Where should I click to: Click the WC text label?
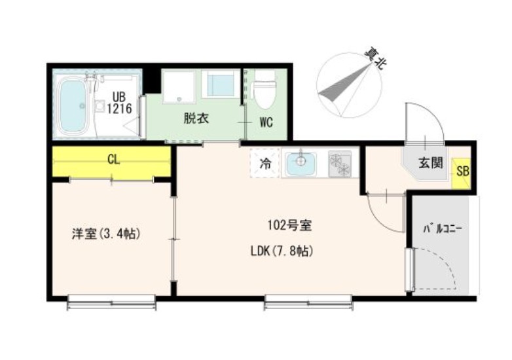pyautogui.click(x=266, y=122)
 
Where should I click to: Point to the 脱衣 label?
pyautogui.click(x=195, y=119)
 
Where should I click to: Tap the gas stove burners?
pyautogui.click(x=340, y=164)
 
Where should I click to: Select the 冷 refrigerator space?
pyautogui.click(x=265, y=164)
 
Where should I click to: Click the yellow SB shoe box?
pyautogui.click(x=462, y=173)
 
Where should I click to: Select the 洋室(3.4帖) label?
pyautogui.click(x=107, y=232)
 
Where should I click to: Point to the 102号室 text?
pyautogui.click(x=289, y=226)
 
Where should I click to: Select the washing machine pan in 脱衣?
pyautogui.click(x=179, y=87)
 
